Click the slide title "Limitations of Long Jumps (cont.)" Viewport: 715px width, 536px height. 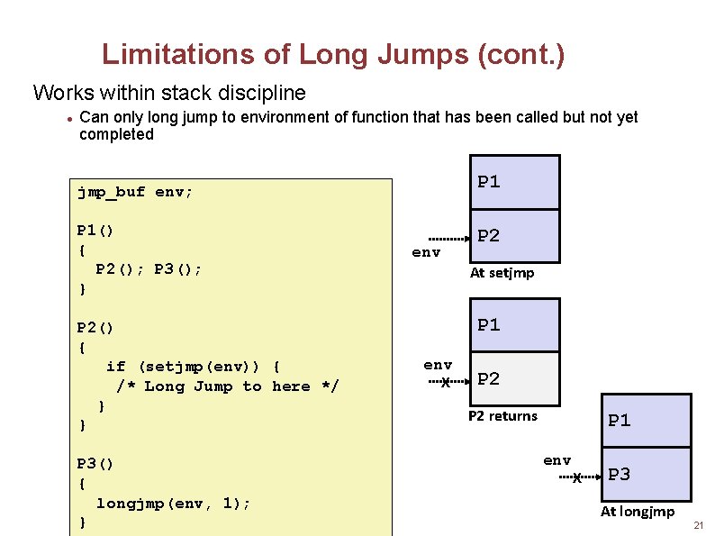(x=333, y=55)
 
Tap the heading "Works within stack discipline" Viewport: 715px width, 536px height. (x=169, y=93)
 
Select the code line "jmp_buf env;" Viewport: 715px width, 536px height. (x=134, y=192)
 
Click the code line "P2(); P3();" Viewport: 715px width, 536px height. (x=149, y=269)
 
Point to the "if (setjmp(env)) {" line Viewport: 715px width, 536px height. (x=193, y=366)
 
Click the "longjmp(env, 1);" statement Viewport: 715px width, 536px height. (x=173, y=503)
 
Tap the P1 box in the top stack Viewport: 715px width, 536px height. (x=515, y=183)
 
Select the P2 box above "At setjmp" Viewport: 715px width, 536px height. (x=515, y=236)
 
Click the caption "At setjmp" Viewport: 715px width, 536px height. (x=502, y=273)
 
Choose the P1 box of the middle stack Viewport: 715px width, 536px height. (x=515, y=325)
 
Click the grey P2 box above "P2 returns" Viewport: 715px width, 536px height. (x=515, y=378)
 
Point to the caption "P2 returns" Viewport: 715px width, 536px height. (x=502, y=416)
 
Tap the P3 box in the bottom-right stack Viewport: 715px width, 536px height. (x=646, y=474)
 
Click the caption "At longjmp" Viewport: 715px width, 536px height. (x=637, y=512)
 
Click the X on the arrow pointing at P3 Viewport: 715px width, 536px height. (x=577, y=478)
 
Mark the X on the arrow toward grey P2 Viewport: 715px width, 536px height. (x=445, y=382)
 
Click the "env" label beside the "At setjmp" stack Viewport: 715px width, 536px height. (x=426, y=253)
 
